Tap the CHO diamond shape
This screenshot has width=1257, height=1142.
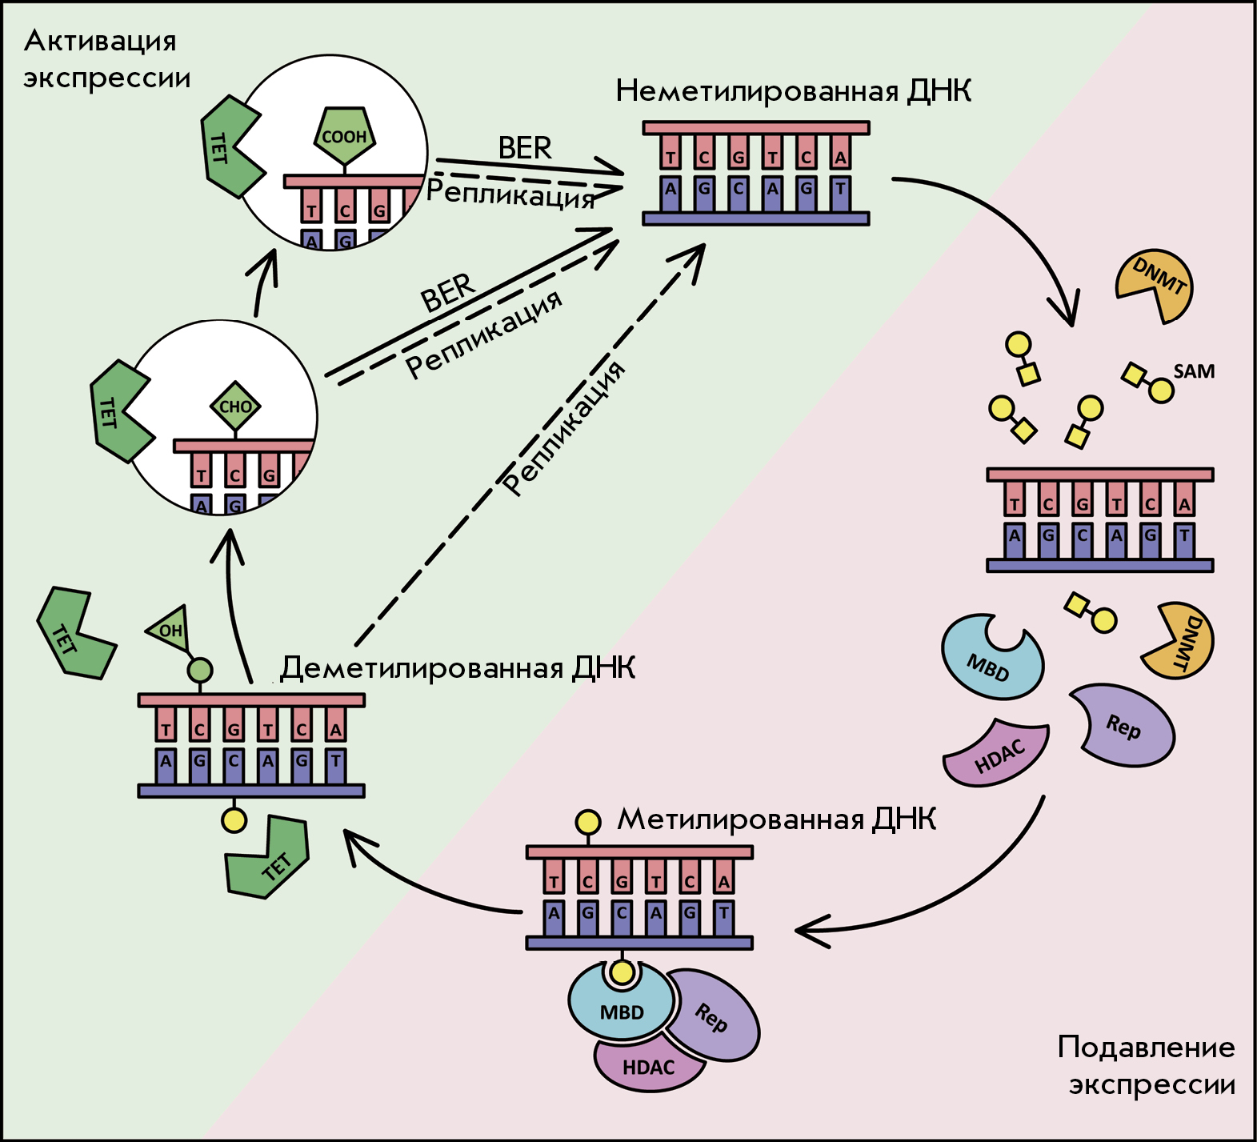click(x=235, y=406)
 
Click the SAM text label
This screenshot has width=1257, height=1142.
click(x=1194, y=371)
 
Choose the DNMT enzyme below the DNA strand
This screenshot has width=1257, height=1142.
click(x=1179, y=640)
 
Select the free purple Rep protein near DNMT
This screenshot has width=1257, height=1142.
click(x=1122, y=725)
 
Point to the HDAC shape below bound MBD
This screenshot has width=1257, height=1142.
click(x=648, y=1067)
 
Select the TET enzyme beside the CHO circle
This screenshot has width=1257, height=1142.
click(x=120, y=411)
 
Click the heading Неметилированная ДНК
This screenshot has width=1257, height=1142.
click(x=794, y=91)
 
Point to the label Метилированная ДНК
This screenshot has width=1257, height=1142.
click(x=776, y=819)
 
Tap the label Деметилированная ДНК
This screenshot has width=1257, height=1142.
click(x=458, y=667)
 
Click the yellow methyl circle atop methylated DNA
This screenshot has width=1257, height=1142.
click(x=588, y=822)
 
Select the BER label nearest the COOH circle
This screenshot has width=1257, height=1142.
click(x=525, y=148)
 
